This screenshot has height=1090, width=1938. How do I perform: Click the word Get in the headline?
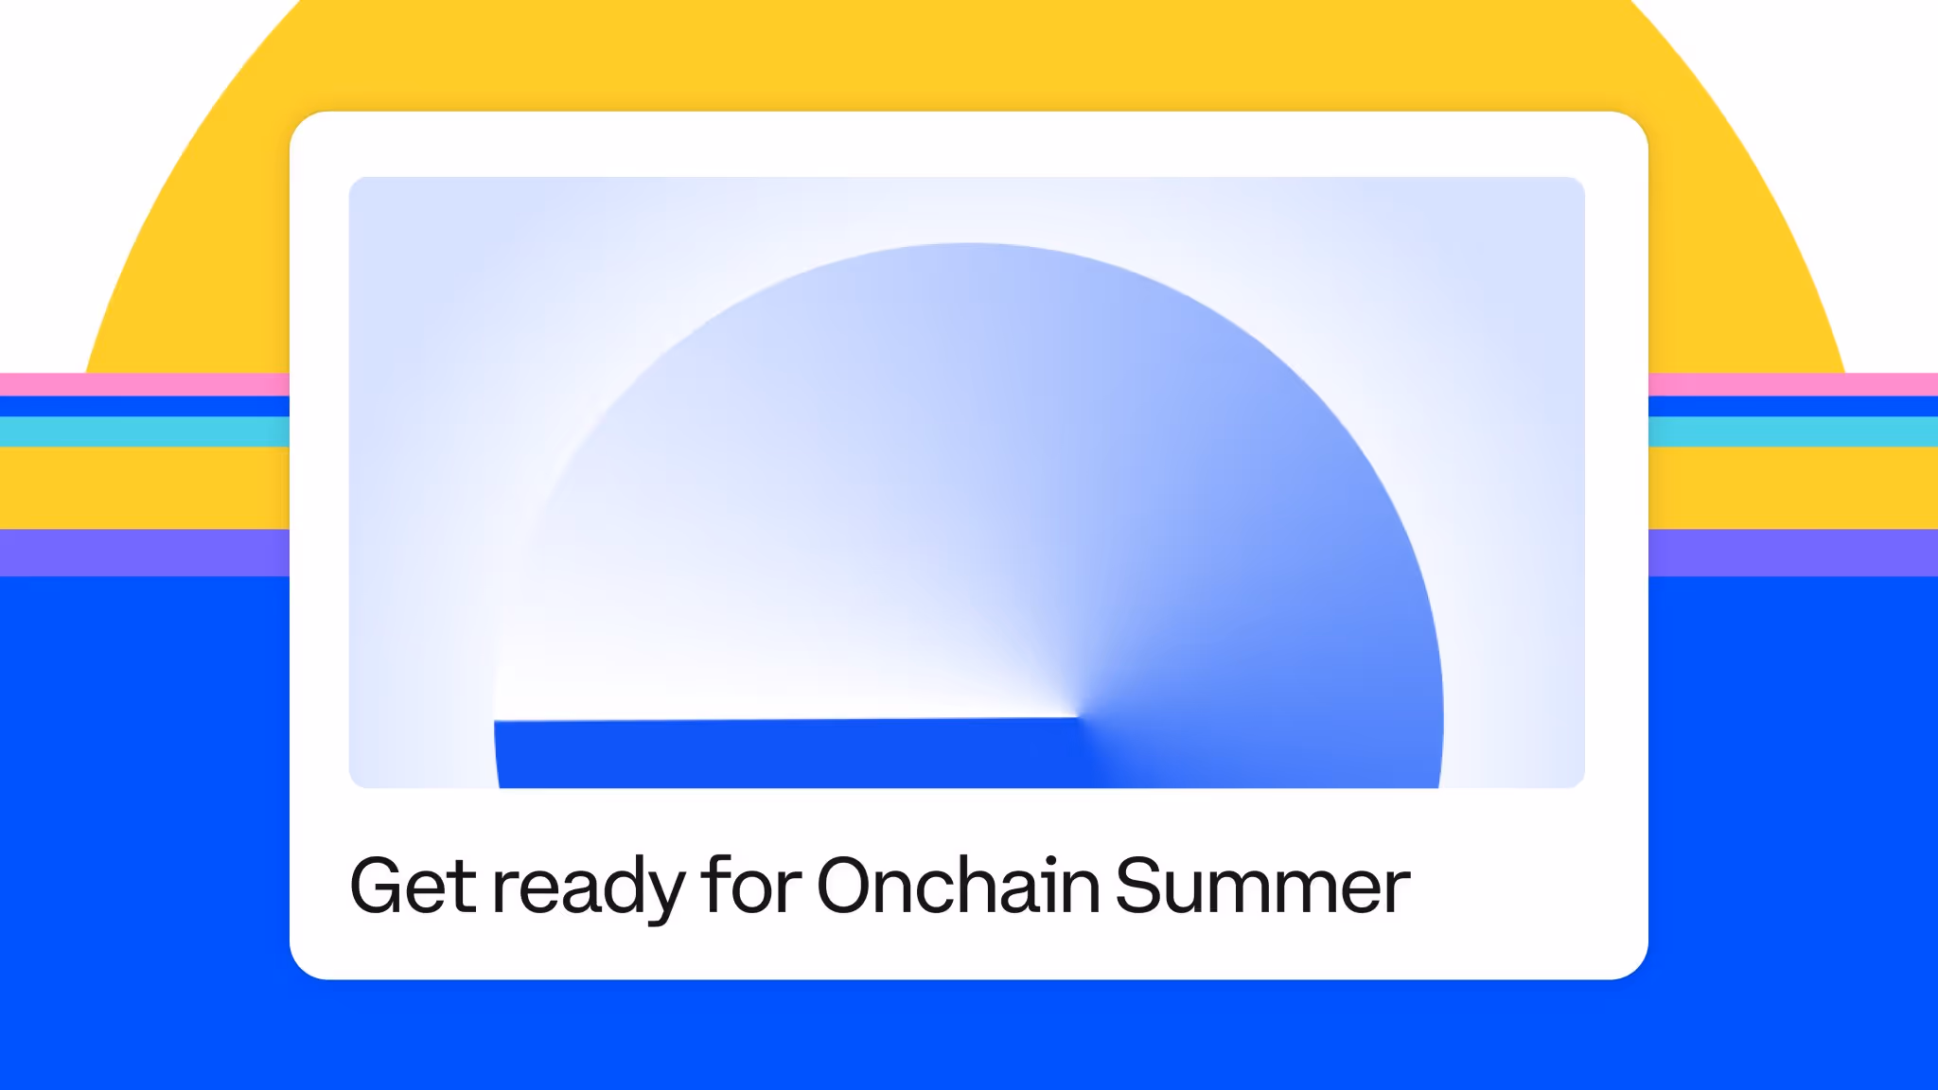pos(414,886)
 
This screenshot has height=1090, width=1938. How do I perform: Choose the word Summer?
pos(1263,886)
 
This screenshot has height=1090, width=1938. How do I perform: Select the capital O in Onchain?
pos(851,886)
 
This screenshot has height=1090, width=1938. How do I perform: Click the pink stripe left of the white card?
pos(145,384)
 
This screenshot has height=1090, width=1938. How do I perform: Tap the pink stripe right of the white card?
pos(1793,384)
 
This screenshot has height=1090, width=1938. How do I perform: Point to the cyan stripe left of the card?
pos(145,431)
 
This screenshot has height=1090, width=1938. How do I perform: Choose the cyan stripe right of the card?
pos(1793,431)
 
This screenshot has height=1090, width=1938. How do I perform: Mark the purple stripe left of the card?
pos(145,553)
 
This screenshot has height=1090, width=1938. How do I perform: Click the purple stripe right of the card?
pos(1793,553)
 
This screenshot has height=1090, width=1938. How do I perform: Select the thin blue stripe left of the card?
pos(145,407)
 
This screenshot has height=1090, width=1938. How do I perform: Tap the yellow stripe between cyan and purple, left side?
pos(145,487)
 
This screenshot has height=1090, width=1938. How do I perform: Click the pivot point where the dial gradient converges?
pos(1078,716)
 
